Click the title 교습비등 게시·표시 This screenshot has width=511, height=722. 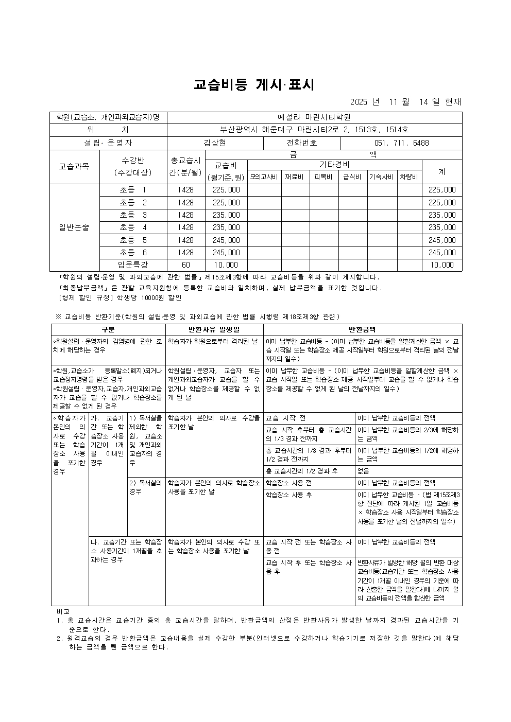[x=254, y=85]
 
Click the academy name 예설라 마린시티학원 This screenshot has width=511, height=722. [x=314, y=117]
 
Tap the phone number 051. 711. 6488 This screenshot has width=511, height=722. [x=401, y=143]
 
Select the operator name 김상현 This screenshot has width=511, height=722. [x=215, y=143]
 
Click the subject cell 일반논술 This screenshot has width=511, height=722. [x=74, y=227]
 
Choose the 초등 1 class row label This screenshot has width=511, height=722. [x=133, y=190]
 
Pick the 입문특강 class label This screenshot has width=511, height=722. [x=133, y=265]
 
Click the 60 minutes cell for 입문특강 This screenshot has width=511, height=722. [x=185, y=265]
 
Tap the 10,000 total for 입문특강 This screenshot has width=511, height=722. [x=441, y=265]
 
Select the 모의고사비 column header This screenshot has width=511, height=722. [x=264, y=177]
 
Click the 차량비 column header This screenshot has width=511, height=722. [x=409, y=177]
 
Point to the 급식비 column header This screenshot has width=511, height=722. [x=352, y=177]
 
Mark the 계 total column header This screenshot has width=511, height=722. [x=441, y=171]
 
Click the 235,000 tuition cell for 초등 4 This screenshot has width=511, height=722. [x=226, y=227]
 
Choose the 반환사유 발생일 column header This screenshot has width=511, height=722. [x=214, y=329]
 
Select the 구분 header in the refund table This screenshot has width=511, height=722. [x=108, y=329]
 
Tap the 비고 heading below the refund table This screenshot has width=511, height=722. [x=63, y=611]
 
